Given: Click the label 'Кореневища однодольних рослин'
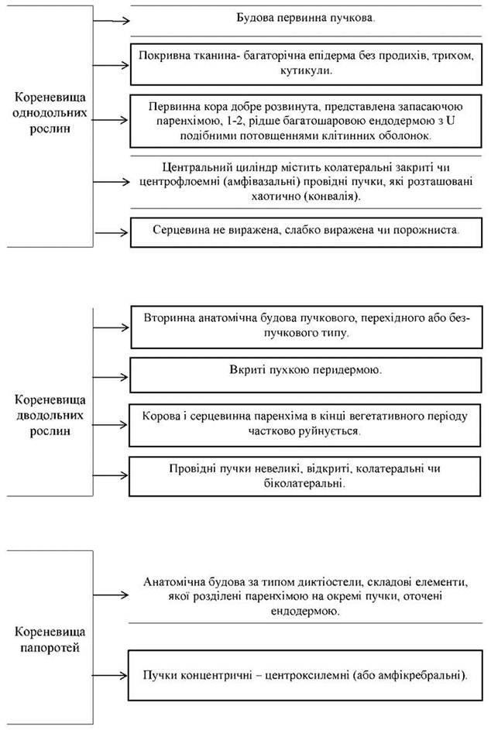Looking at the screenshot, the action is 50,113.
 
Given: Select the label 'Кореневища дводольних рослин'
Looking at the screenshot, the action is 50,415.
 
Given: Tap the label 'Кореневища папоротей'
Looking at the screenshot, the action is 50,639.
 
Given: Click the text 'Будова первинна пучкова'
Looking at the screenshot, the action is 305,18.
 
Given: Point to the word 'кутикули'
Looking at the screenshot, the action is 306,71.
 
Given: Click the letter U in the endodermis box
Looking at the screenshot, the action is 450,121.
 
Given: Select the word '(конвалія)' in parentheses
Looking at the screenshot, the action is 332,197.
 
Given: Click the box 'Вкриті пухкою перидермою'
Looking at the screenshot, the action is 305,375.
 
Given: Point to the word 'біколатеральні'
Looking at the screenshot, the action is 304,483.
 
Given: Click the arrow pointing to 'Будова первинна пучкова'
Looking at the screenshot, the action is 111,20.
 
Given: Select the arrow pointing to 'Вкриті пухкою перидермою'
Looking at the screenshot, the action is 111,377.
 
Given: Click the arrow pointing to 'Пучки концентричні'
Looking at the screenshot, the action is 111,676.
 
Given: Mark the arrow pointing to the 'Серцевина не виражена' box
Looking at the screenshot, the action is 111,232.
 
